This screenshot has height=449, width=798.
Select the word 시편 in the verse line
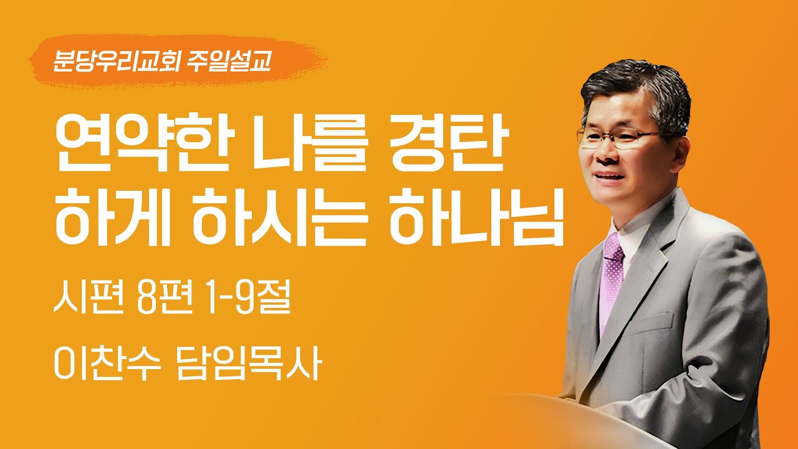pos(83,298)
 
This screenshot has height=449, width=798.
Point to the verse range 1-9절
pos(248,298)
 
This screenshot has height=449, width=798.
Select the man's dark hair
pos(636,94)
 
